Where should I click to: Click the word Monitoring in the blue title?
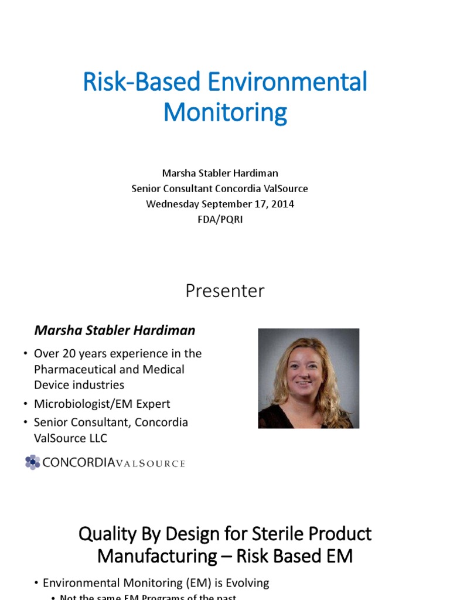pos(225,112)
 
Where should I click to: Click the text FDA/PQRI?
pos(225,219)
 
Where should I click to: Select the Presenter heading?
pos(225,291)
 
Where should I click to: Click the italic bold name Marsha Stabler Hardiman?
pos(115,330)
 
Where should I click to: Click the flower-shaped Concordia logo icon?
pos(33,462)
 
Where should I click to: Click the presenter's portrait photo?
pos(308,378)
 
